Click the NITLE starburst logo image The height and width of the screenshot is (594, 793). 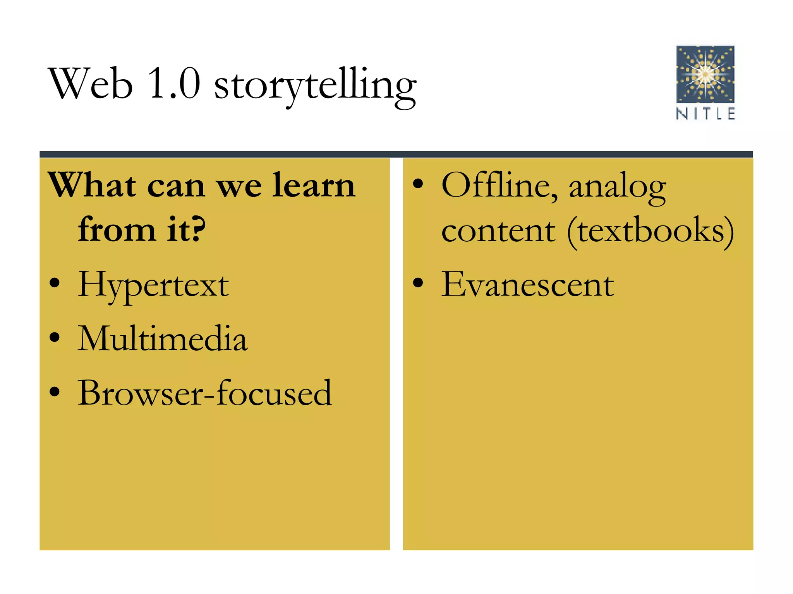point(705,74)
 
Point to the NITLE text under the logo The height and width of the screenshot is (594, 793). point(705,114)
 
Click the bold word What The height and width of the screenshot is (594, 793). point(92,186)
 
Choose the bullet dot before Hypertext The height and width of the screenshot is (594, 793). point(55,283)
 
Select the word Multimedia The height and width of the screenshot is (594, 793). point(162,339)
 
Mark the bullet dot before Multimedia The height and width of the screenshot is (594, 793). point(55,337)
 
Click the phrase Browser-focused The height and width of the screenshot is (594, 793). point(205,394)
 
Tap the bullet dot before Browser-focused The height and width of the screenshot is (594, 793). point(55,392)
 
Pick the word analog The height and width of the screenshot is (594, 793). point(617,188)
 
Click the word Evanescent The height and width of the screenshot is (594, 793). point(527,285)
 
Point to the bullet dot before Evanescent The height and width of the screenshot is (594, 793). point(418,283)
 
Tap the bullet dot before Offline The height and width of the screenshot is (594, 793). point(418,184)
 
